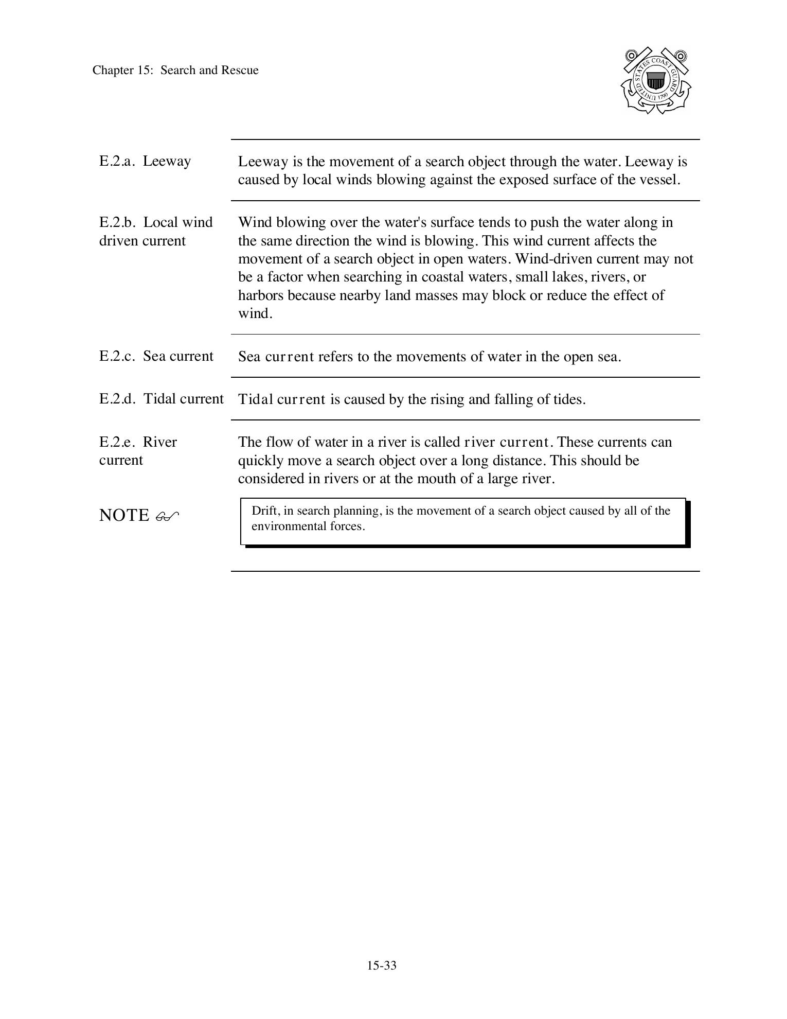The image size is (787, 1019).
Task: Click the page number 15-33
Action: point(382,965)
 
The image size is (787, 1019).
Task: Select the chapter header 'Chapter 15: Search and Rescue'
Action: point(175,71)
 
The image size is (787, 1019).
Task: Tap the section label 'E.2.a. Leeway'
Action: point(145,161)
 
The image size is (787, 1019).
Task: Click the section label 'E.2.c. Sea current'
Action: point(156,356)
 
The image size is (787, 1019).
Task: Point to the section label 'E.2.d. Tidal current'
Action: point(161,399)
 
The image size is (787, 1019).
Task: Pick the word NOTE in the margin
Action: point(123,515)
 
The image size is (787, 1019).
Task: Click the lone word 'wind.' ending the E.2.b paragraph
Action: point(255,314)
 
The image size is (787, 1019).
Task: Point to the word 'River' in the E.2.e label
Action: point(159,442)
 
